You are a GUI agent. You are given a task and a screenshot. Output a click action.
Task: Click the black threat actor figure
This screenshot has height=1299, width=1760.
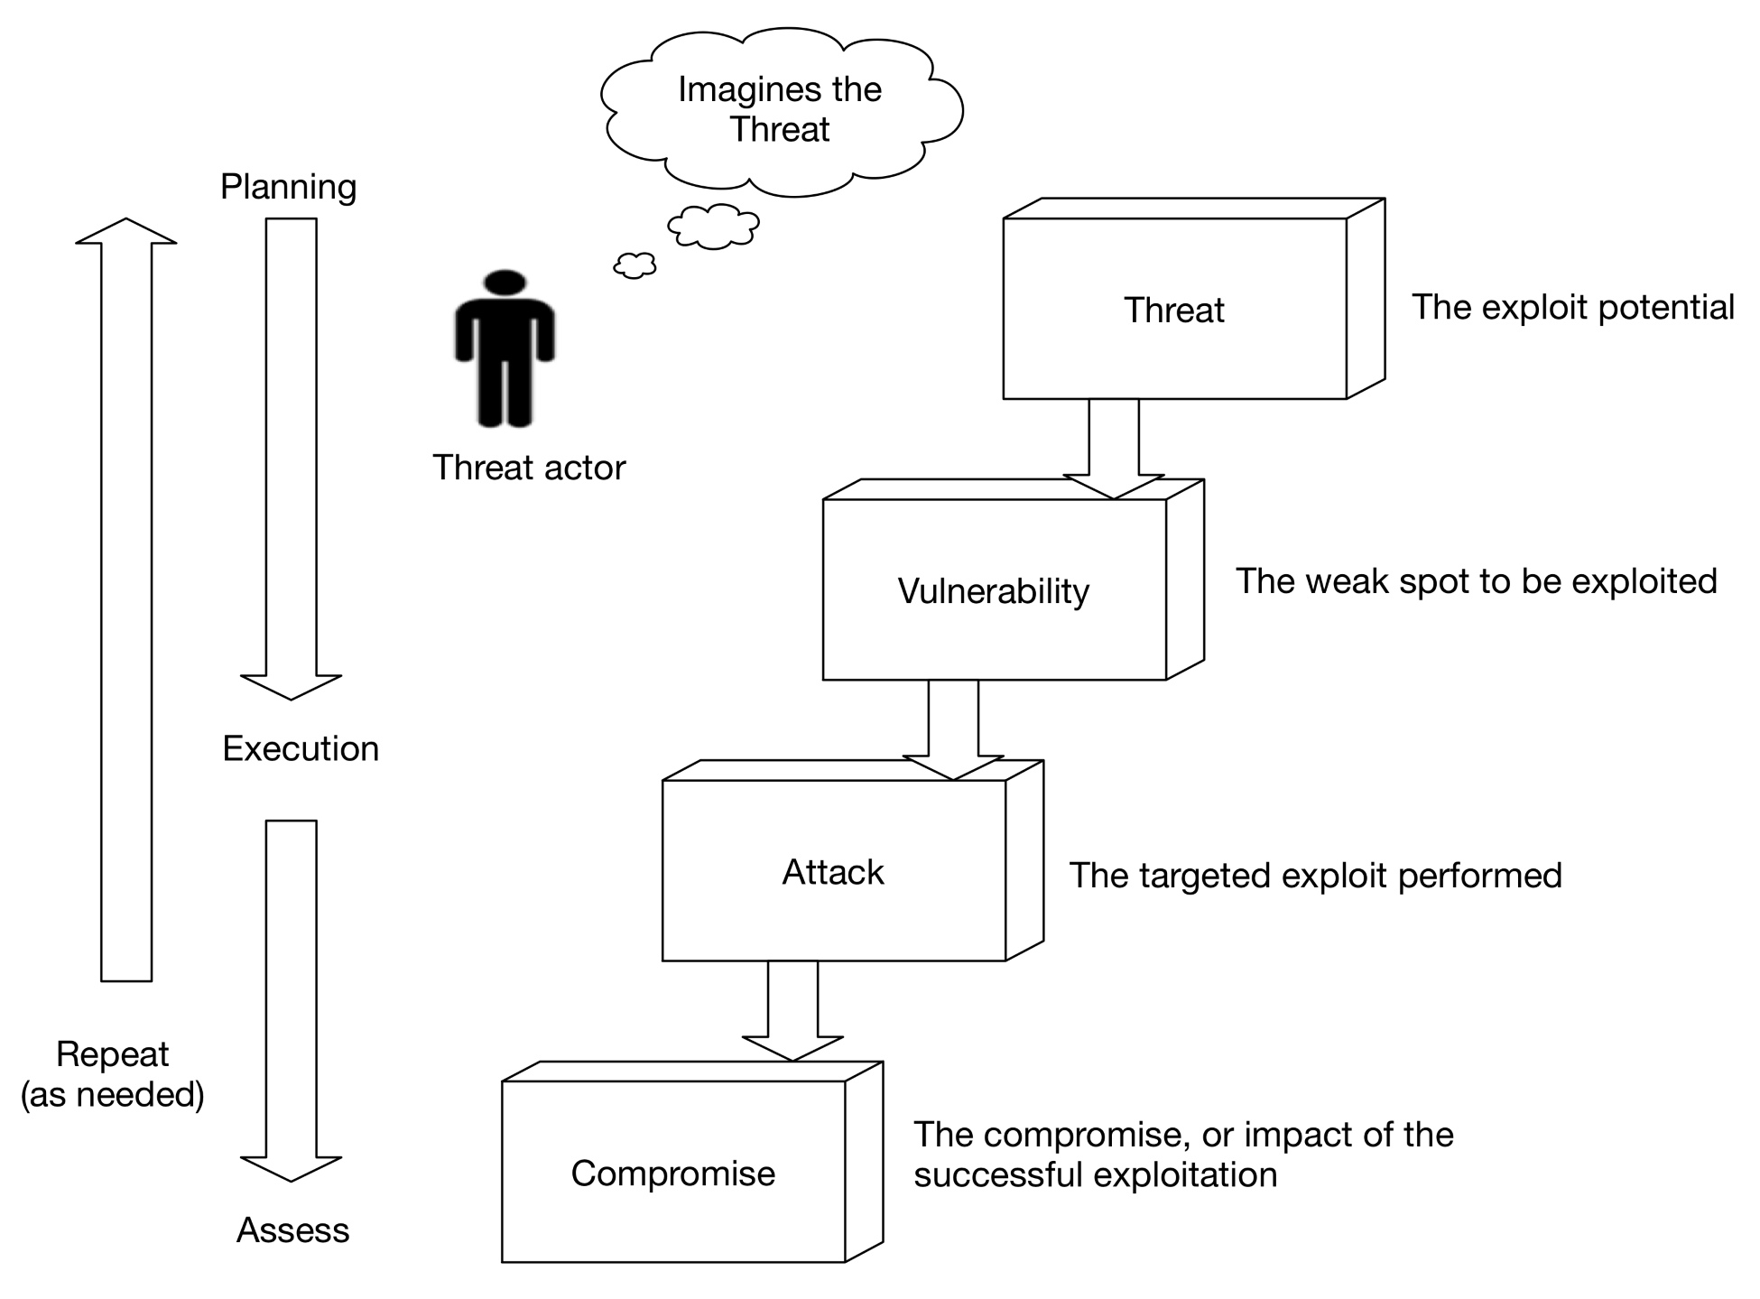pos(505,361)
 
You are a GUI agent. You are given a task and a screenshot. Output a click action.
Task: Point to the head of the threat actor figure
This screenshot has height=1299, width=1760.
pos(505,282)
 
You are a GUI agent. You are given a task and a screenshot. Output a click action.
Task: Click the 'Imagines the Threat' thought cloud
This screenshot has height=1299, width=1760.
pos(780,109)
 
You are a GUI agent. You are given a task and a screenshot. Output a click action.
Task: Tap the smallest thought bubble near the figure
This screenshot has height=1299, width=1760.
pos(635,264)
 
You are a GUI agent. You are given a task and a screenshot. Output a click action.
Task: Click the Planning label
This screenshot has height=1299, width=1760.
pos(289,187)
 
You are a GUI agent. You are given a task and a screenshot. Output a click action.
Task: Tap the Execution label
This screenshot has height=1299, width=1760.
pos(301,748)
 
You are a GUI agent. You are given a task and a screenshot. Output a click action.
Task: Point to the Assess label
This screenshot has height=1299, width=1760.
pos(292,1229)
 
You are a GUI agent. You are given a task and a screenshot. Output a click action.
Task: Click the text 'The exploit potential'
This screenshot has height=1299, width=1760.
pos(1573,307)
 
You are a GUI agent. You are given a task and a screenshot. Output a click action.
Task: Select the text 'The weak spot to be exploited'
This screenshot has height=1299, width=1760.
pos(1476,581)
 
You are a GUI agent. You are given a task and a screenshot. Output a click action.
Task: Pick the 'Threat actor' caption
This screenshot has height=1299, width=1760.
pos(529,468)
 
